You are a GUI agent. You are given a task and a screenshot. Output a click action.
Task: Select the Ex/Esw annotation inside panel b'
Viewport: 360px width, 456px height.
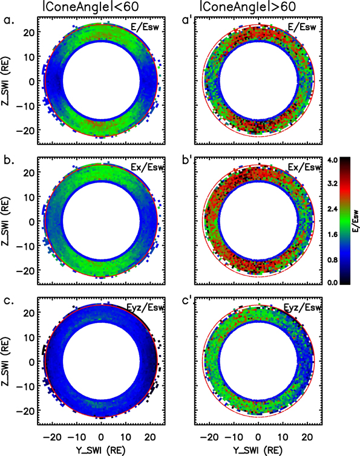303,167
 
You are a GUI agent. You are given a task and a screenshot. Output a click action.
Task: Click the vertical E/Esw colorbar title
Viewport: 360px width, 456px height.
353,221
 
